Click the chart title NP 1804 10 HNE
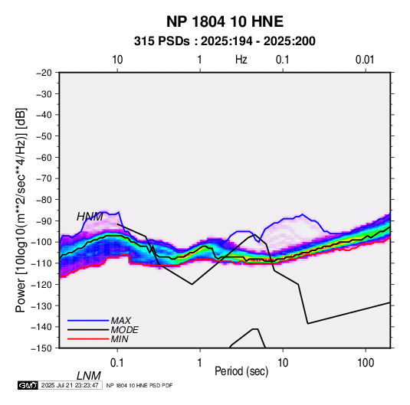point(225,21)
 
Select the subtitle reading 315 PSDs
point(162,41)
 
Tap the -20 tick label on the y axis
point(44,73)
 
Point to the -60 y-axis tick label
point(44,157)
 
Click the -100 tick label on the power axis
point(41,242)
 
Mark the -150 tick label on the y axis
point(41,348)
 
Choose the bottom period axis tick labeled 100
point(366,363)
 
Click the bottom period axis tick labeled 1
point(200,363)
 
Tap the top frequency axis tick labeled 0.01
point(365,60)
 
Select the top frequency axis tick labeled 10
point(117,60)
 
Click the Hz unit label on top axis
point(241,60)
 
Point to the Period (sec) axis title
point(241,371)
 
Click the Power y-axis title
point(21,211)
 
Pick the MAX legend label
point(121,321)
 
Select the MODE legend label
point(124,330)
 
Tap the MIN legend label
point(120,339)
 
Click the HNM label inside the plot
point(90,217)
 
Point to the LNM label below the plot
point(89,376)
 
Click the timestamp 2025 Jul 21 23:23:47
point(70,385)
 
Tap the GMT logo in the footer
point(28,385)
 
